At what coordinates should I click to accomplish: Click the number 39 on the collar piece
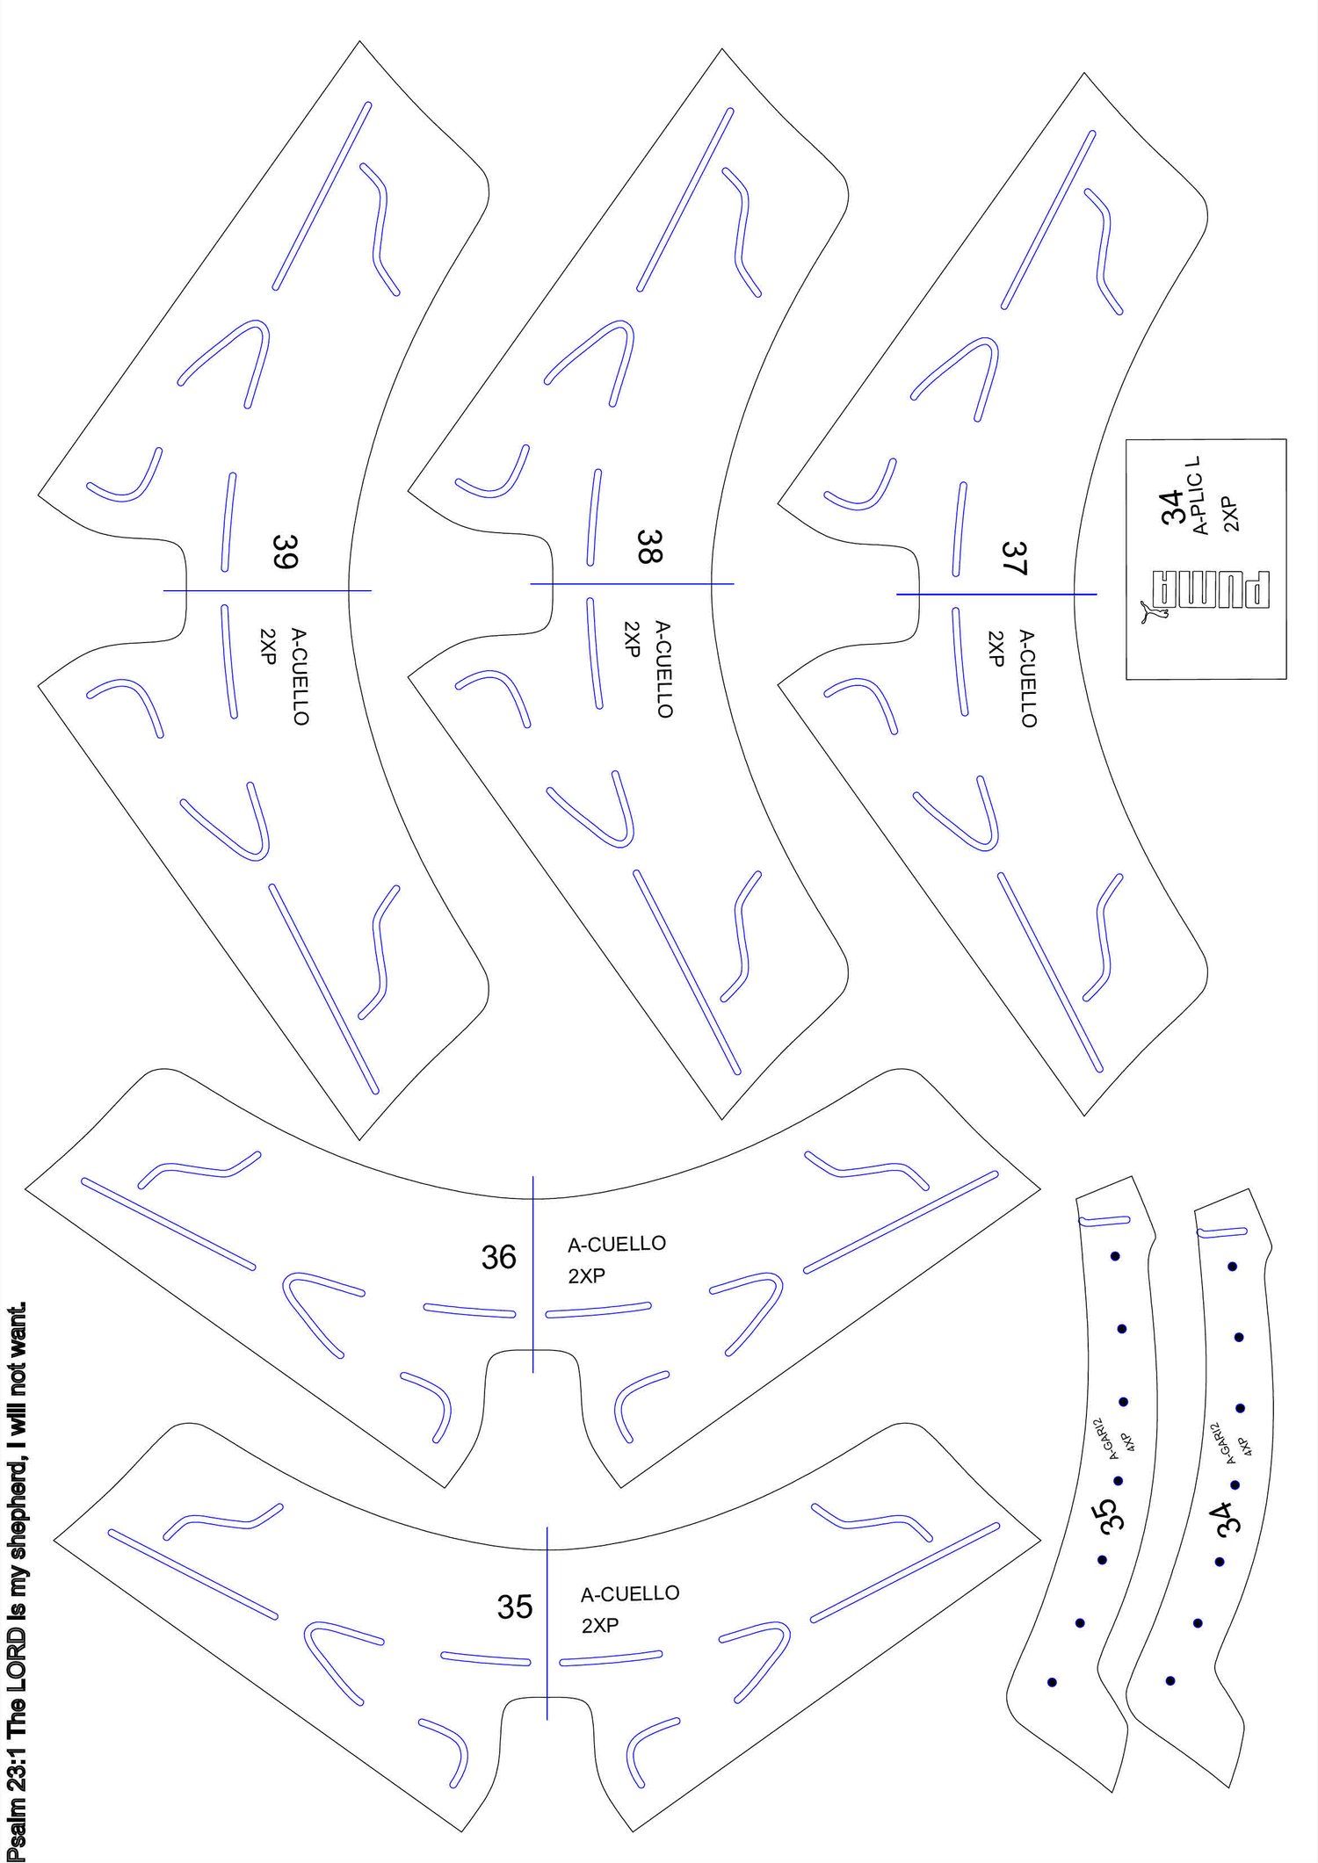[285, 552]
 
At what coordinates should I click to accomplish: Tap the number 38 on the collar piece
[649, 545]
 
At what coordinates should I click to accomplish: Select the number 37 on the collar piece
[1014, 558]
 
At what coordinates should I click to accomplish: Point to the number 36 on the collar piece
[498, 1257]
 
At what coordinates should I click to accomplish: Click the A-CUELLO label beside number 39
[300, 676]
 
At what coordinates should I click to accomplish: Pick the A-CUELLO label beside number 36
[617, 1244]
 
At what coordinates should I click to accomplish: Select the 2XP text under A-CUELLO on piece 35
[600, 1626]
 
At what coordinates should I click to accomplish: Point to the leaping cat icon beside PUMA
[1153, 611]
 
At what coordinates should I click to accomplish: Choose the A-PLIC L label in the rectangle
[1199, 496]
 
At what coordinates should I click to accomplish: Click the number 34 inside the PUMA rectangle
[1172, 507]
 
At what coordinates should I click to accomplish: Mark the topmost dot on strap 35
[1115, 1256]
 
